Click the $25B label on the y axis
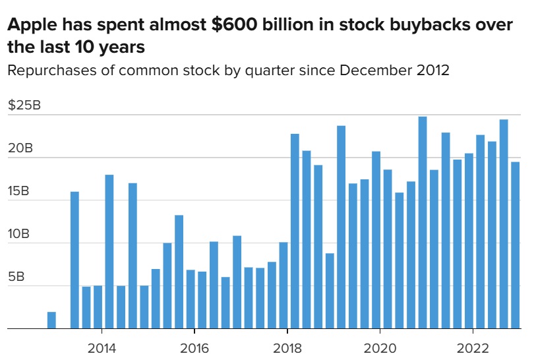point(24,105)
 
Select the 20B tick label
point(20,148)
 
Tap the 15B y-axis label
point(20,191)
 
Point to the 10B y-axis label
point(20,234)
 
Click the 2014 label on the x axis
point(102,347)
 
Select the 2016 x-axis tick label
point(194,347)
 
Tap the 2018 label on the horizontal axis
point(287,347)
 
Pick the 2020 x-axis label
point(380,347)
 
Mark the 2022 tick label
point(473,347)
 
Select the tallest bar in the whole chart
point(423,222)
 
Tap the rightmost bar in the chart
point(516,245)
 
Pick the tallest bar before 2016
point(109,251)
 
